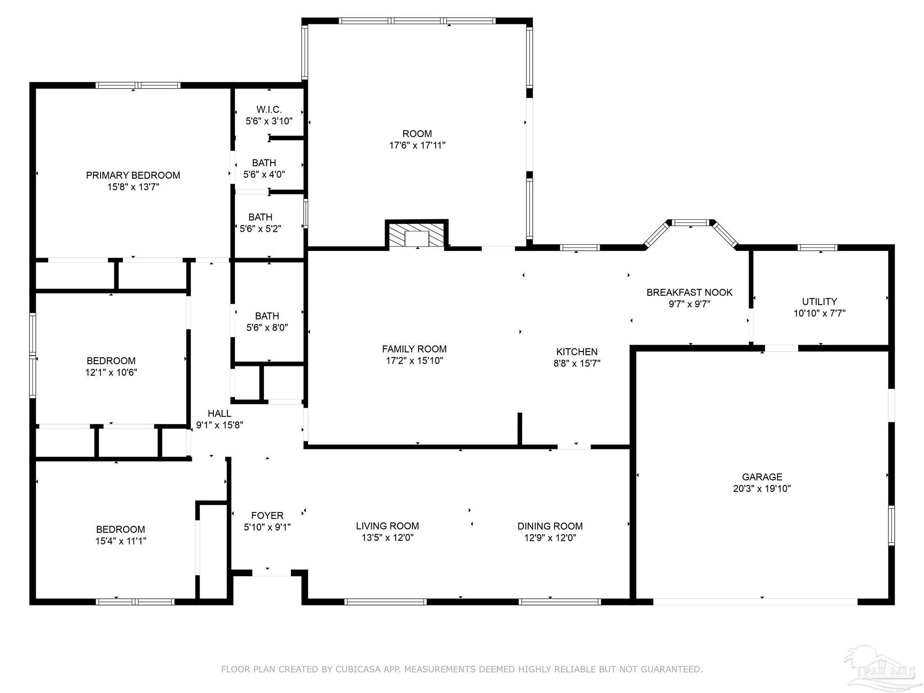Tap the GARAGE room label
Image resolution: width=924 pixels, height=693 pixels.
pyautogui.click(x=762, y=476)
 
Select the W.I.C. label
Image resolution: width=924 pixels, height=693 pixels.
pyautogui.click(x=269, y=109)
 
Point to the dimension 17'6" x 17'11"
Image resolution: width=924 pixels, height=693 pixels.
pyautogui.click(x=417, y=145)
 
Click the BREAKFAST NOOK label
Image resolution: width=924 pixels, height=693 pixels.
pyautogui.click(x=689, y=292)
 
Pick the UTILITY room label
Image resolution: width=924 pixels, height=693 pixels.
pyautogui.click(x=819, y=301)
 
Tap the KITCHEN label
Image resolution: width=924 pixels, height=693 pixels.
pyautogui.click(x=577, y=351)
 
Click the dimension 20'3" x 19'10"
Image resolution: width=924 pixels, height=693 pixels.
pyautogui.click(x=762, y=488)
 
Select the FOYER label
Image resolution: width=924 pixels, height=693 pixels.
pyautogui.click(x=267, y=515)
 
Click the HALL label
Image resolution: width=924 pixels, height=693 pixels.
pyautogui.click(x=219, y=413)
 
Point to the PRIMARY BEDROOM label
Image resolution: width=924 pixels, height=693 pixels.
pyautogui.click(x=133, y=175)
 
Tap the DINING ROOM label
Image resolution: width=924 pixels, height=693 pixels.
pyautogui.click(x=550, y=526)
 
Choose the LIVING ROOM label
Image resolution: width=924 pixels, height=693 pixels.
pyautogui.click(x=388, y=526)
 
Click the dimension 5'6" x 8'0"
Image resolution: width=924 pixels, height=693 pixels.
pyautogui.click(x=267, y=328)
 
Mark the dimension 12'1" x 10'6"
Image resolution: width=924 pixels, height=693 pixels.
pyautogui.click(x=111, y=372)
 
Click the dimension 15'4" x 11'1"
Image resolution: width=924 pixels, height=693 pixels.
pyautogui.click(x=120, y=541)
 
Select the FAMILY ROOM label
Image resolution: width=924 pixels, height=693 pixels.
pyautogui.click(x=414, y=349)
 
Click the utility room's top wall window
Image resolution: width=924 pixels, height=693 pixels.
pyautogui.click(x=817, y=247)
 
